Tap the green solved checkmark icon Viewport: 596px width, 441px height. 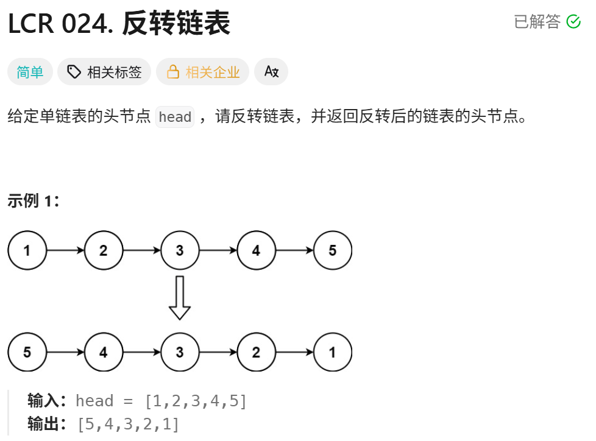pyautogui.click(x=573, y=22)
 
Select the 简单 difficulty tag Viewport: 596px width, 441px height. pyautogui.click(x=30, y=72)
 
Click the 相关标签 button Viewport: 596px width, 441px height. pyautogui.click(x=104, y=72)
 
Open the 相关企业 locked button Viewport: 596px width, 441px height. pyautogui.click(x=203, y=72)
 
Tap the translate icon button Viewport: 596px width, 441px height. pyautogui.click(x=271, y=72)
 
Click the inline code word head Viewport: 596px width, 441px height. pyautogui.click(x=175, y=117)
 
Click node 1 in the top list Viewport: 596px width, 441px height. pyautogui.click(x=27, y=250)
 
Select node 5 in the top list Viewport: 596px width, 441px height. pyautogui.click(x=333, y=250)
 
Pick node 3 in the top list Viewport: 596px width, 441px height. pyautogui.click(x=180, y=250)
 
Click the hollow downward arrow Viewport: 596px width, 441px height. pyautogui.click(x=180, y=298)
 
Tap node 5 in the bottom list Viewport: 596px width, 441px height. pyautogui.click(x=27, y=352)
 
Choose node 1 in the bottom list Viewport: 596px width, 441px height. pyautogui.click(x=333, y=352)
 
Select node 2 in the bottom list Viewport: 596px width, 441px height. pyautogui.click(x=256, y=352)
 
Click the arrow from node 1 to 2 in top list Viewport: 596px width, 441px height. pyautogui.click(x=65, y=250)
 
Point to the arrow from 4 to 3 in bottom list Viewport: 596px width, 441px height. pyautogui.click(x=141, y=352)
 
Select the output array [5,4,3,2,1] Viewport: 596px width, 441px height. pyautogui.click(x=128, y=424)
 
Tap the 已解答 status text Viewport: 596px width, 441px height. pyautogui.click(x=537, y=22)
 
